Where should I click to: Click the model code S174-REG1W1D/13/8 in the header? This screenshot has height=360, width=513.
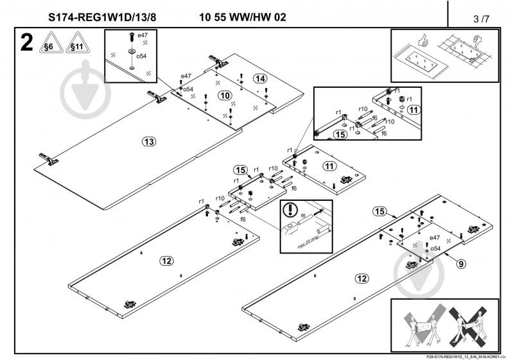(x=101, y=18)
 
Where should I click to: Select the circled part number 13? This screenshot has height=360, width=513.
(x=149, y=141)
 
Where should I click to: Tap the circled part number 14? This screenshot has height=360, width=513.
(x=259, y=78)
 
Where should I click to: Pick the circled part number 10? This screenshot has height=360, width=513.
(x=224, y=95)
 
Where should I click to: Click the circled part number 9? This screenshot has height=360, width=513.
(x=461, y=262)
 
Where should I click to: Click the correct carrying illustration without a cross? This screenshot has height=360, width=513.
(x=421, y=325)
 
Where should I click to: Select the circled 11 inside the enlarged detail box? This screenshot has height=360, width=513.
(x=413, y=110)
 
